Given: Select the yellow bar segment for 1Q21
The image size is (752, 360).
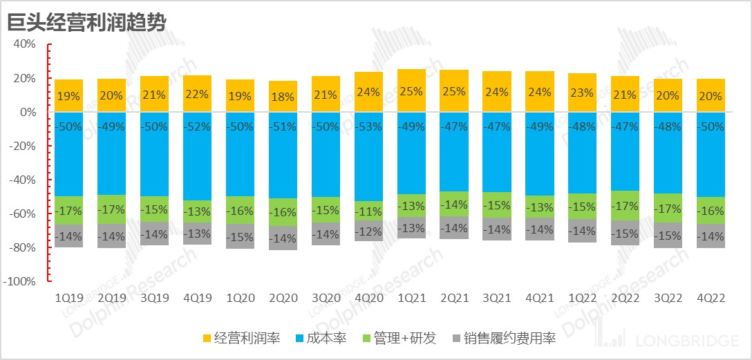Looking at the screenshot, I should click(411, 82).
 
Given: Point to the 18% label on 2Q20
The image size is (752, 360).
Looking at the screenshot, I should click(283, 97).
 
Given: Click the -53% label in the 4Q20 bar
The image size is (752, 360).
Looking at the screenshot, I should click(368, 126).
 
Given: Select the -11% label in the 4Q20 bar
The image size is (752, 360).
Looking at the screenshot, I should click(368, 211).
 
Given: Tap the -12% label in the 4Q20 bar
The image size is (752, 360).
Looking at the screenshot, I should click(368, 231).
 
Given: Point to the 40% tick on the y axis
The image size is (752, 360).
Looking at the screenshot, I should click(24, 44).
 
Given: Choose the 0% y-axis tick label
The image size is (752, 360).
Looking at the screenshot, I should click(28, 112).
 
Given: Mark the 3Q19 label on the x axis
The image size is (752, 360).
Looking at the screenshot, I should click(154, 298).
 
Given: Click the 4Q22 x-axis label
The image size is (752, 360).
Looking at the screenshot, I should click(711, 298).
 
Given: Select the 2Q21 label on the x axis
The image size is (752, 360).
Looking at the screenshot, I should click(454, 298).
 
